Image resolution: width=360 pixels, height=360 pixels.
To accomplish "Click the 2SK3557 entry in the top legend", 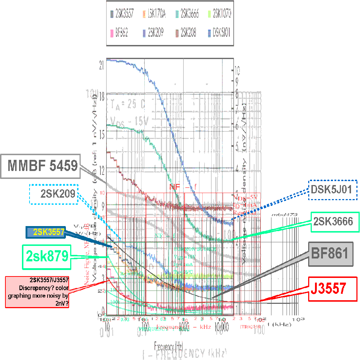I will coord(122,14).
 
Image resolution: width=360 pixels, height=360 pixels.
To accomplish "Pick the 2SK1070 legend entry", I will coord(219,14).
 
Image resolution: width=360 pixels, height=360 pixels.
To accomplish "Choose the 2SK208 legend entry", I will coord(186,33).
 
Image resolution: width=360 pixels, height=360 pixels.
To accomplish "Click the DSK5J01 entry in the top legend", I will coord(219,33).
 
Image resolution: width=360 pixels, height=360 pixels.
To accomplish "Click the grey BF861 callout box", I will coord(329,253).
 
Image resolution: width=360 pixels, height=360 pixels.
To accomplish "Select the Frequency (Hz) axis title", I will coord(169,346).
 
